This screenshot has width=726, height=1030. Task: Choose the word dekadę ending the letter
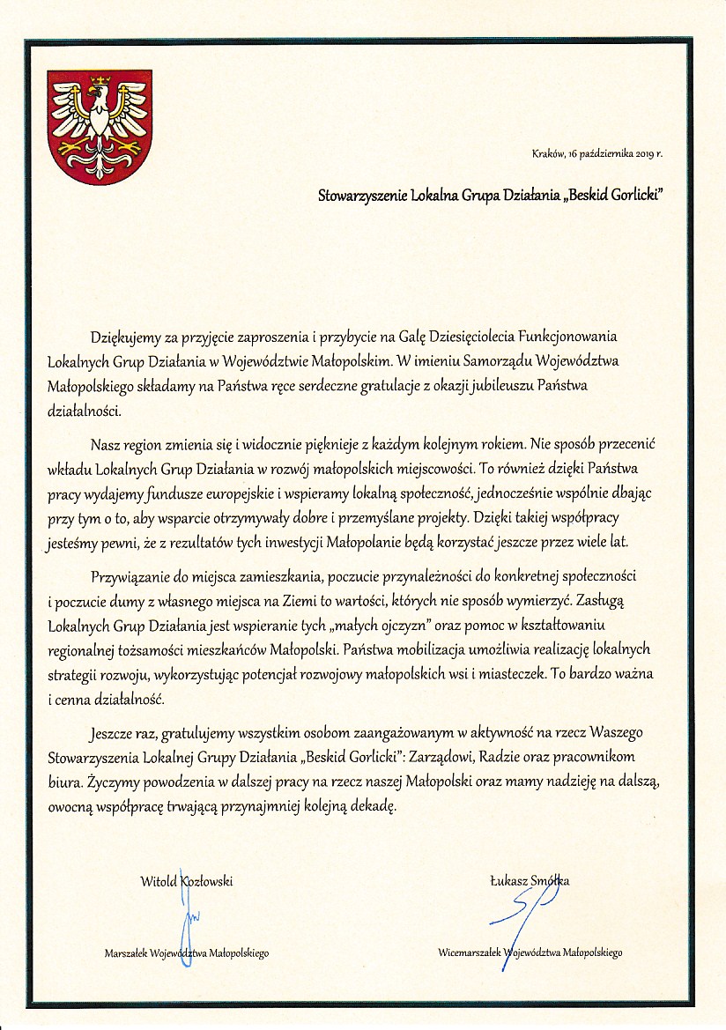[x=374, y=807]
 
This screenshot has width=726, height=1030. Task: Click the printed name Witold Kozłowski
[x=186, y=880]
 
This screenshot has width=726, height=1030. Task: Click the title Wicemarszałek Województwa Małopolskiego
[x=530, y=952]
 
